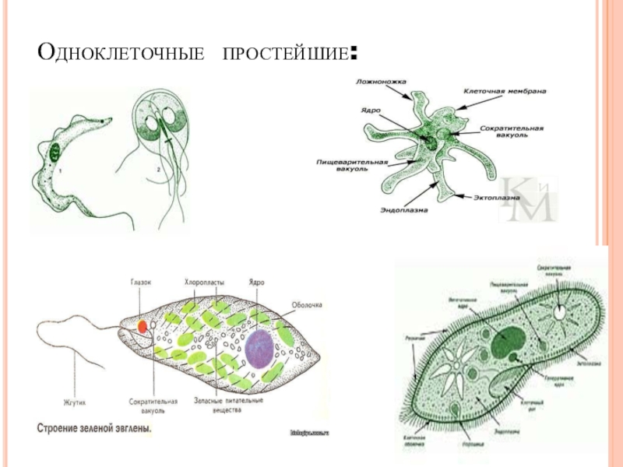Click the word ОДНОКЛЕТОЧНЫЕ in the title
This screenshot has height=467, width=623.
(x=121, y=54)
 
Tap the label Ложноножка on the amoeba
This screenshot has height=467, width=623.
(x=376, y=81)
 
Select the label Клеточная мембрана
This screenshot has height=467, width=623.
(x=504, y=91)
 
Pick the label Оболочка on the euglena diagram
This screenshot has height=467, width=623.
(x=307, y=305)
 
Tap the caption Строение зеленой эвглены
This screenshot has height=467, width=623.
(x=93, y=428)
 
